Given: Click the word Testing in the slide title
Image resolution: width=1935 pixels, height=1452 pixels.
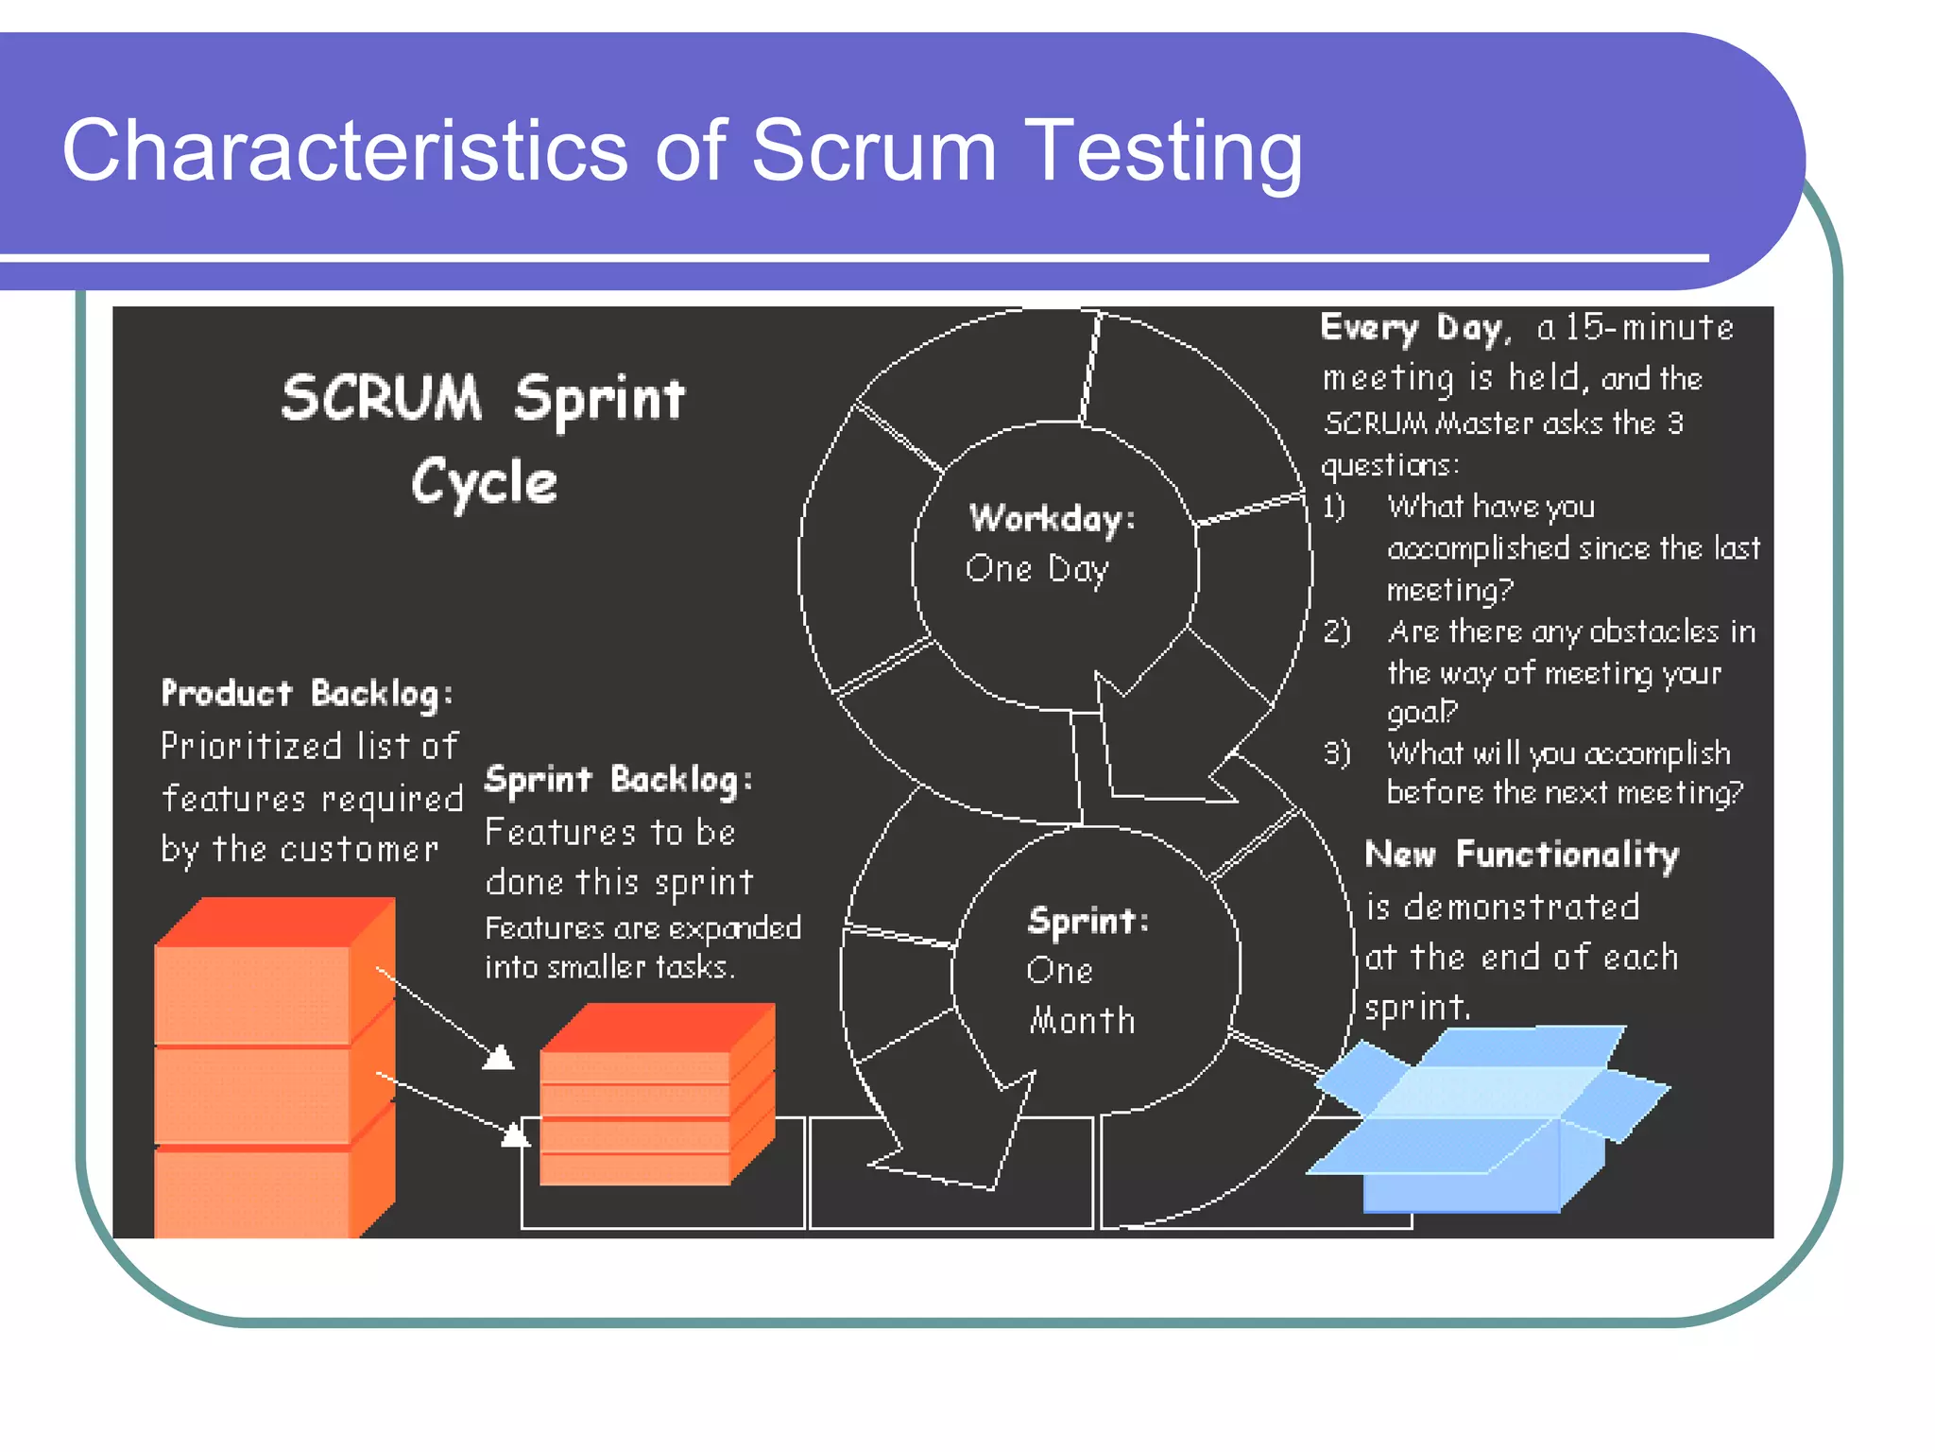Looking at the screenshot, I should (x=1163, y=151).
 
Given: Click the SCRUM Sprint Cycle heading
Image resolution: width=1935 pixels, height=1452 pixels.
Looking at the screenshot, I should (x=484, y=437).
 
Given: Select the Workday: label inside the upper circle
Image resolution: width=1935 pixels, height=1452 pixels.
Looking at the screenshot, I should (x=1052, y=518).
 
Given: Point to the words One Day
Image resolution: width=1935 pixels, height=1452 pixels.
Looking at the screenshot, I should (x=1036, y=569).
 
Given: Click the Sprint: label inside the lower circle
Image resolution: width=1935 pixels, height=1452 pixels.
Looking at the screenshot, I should (x=1087, y=921).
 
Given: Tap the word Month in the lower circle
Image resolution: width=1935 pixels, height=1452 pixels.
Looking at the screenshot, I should (x=1082, y=1021).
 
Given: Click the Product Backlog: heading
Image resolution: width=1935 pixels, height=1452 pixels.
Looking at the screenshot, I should (x=307, y=694).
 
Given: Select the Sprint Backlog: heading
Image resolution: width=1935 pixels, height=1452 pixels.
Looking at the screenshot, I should (x=618, y=780).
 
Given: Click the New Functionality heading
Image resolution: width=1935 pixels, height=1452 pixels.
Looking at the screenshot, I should (x=1521, y=854).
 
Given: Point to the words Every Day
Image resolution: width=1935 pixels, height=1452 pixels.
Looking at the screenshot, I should (x=1411, y=328).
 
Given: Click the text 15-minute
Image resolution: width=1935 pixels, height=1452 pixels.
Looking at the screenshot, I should (x=1649, y=328).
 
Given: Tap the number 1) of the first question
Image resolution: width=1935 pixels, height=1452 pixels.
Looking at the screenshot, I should (x=1333, y=508).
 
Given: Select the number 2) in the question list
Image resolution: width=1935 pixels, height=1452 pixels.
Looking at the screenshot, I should (x=1336, y=631).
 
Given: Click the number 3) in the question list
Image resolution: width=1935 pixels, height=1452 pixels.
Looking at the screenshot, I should (x=1336, y=753).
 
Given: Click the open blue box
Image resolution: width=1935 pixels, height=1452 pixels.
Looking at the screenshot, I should (x=1488, y=1120).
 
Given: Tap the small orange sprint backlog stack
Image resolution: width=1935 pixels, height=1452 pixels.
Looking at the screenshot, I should (x=656, y=1097).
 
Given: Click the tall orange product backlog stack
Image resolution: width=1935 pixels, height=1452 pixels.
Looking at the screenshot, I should (x=274, y=1068).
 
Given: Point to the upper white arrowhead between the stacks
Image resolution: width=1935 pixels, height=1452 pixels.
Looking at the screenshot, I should (x=499, y=1058).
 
